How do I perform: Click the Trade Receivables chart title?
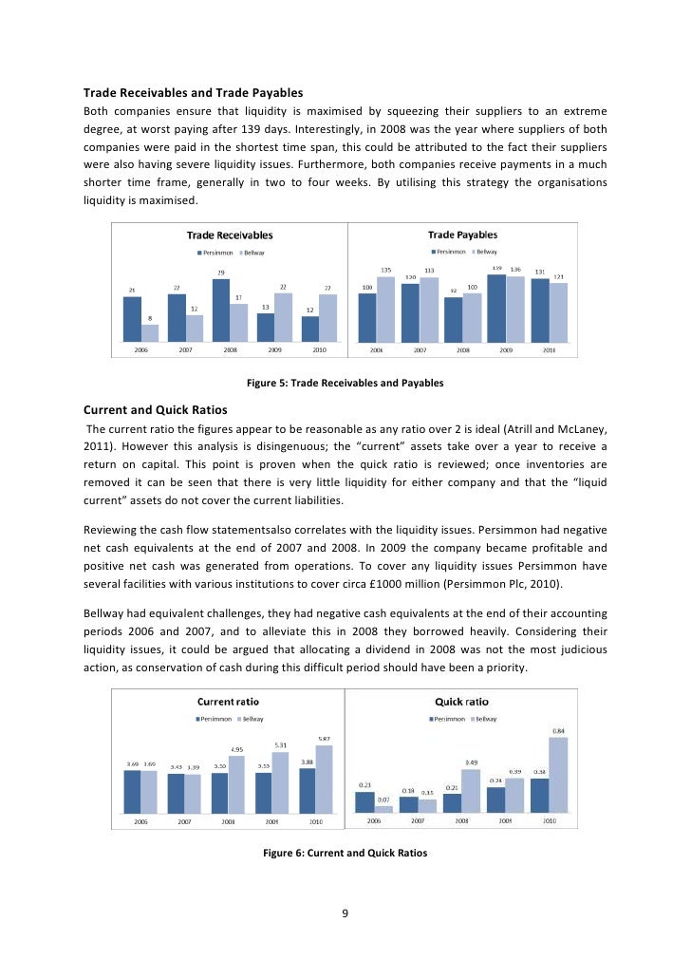[x=229, y=235]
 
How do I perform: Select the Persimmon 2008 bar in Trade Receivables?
[x=221, y=310]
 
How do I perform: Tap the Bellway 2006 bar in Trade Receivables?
[x=150, y=332]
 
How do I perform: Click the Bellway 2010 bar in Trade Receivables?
[x=328, y=317]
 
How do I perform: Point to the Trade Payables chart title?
[x=462, y=235]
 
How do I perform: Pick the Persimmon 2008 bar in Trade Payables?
[x=454, y=319]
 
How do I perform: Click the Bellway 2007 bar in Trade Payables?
[x=428, y=310]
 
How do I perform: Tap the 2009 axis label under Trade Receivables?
[x=274, y=349]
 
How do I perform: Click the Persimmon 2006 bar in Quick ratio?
[x=365, y=801]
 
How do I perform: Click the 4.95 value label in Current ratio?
[x=237, y=749]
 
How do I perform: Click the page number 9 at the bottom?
[x=345, y=913]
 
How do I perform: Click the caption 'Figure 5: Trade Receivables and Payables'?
[x=345, y=384]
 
